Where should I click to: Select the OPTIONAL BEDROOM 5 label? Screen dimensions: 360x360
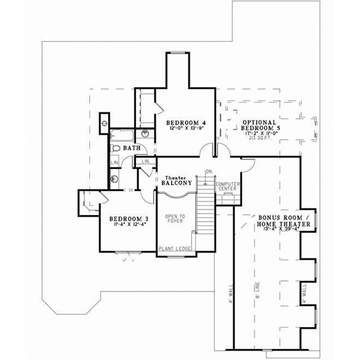260,124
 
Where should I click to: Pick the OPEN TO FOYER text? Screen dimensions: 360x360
175,219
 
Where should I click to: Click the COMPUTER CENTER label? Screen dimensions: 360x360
227,186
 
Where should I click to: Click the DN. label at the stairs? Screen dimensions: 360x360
209,172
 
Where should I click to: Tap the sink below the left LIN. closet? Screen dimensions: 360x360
114,178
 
